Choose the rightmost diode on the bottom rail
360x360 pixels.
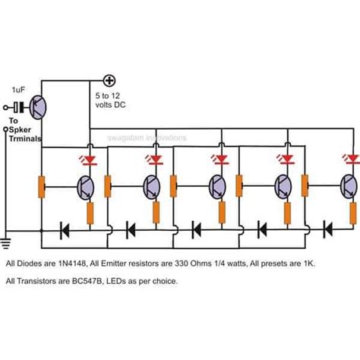pos(328,227)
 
